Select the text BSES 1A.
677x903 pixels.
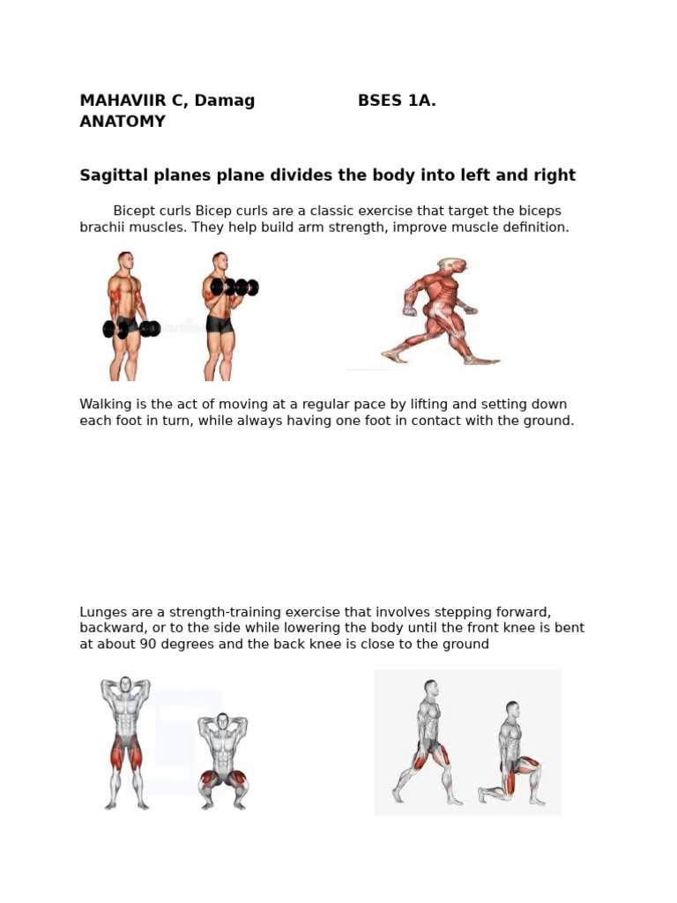(397, 101)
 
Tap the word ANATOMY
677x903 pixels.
(123, 122)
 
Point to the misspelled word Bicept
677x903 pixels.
(134, 212)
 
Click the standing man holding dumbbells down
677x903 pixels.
(128, 316)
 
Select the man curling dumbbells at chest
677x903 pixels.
(226, 316)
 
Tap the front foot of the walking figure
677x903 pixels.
(482, 361)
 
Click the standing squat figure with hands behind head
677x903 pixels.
(126, 743)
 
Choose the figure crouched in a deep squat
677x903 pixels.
(223, 761)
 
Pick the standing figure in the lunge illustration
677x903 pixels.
(428, 743)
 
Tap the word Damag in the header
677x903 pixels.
(225, 101)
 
